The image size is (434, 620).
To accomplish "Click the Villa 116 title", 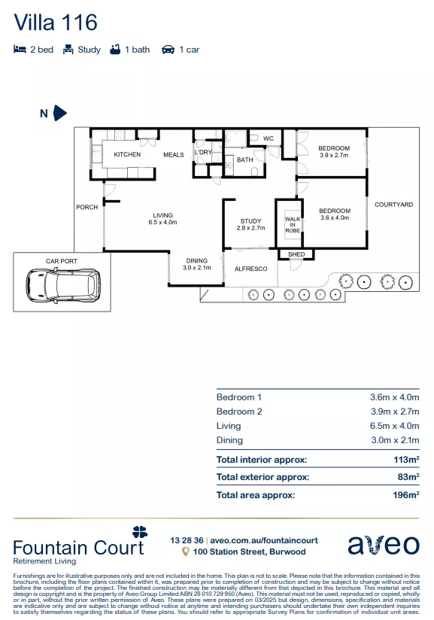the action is coord(56,22).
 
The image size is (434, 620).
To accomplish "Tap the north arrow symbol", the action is coord(59,113).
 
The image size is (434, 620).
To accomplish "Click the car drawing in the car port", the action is coord(63,284).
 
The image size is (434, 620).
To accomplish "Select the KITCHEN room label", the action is coord(127,154).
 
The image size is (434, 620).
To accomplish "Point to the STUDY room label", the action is coord(250,221).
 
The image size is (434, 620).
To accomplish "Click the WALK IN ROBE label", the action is coord(293,224).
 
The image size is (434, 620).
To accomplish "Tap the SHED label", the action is coord(296,254).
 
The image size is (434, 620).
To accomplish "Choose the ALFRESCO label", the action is coord(250,269).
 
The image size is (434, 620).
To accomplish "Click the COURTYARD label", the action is coord(393,205).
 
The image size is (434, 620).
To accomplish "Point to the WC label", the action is coord(268,138).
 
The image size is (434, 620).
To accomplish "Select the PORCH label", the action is coord(87,207).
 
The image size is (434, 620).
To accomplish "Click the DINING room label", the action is coord(197,260).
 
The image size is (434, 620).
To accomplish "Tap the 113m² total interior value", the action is coord(406,460).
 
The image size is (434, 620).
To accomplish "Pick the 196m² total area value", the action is coord(406,494).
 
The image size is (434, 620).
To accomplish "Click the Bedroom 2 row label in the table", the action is coord(239,412).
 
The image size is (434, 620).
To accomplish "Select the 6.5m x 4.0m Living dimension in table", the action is coord(394,426).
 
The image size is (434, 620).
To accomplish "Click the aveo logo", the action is coord(384,546).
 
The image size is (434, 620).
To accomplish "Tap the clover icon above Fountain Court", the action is coord(140,532).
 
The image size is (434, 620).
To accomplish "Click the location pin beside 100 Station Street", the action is coord(185,552).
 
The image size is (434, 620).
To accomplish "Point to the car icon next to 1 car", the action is coord(168,50).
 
